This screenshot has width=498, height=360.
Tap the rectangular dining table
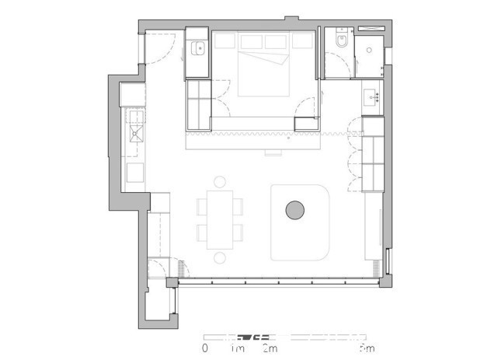tap(220, 219)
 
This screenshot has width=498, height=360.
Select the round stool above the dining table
tap(220, 182)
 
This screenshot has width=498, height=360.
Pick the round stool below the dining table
tap(220, 257)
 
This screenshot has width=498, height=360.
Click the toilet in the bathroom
tap(339, 40)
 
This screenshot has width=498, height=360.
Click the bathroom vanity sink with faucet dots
tap(371, 97)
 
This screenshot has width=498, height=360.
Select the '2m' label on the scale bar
tap(268, 348)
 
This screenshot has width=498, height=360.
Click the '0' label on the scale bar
tap(205, 348)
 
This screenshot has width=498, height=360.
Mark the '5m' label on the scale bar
tap(367, 348)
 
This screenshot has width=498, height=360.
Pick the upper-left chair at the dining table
tap(202, 205)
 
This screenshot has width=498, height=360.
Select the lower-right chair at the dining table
tap(238, 232)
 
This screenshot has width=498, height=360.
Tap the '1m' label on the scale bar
tap(238, 348)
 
